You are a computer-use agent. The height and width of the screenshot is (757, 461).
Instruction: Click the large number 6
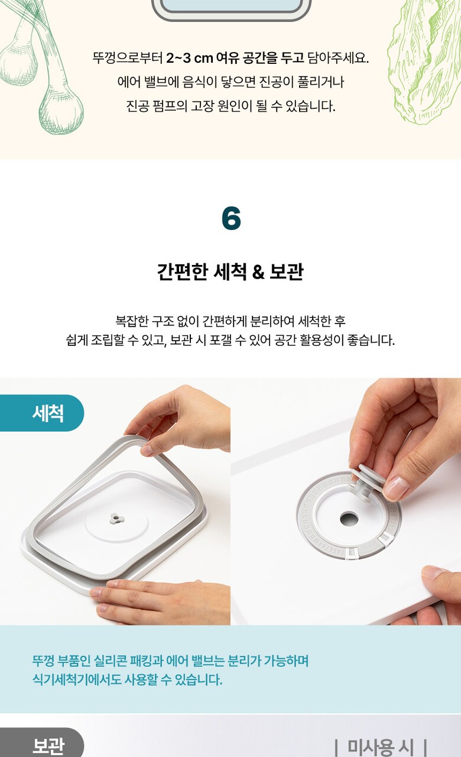(231, 218)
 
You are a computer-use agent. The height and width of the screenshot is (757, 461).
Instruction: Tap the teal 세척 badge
(42, 413)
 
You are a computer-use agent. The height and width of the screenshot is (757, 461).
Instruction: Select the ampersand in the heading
(258, 272)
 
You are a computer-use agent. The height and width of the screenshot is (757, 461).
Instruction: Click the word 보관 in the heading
(287, 271)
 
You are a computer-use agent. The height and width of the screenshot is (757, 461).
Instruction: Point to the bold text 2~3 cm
(189, 58)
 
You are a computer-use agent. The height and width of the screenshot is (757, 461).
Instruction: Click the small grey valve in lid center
(117, 519)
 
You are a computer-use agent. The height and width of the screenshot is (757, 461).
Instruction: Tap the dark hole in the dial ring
(349, 519)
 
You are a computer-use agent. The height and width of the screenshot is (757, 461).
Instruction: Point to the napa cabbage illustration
(424, 61)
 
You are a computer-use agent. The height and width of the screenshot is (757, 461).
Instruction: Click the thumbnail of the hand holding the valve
(346, 501)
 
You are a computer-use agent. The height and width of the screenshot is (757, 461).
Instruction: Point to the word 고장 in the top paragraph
(202, 106)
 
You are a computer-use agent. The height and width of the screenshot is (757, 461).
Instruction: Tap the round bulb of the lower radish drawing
(61, 112)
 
